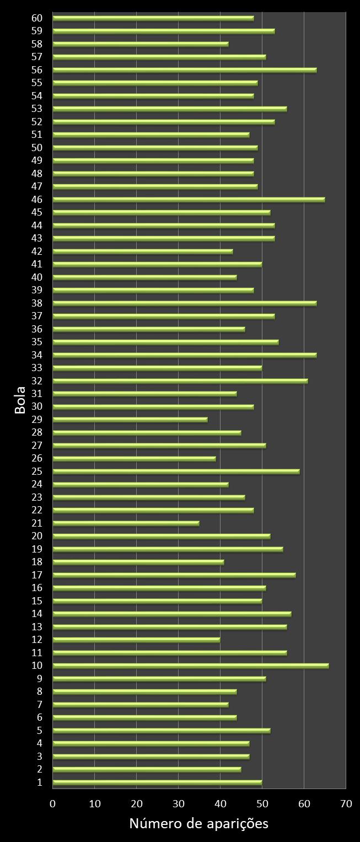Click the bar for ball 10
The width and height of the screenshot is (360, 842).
coord(190,666)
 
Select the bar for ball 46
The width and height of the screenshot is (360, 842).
coord(189,200)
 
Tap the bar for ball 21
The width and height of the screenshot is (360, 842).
coord(126,523)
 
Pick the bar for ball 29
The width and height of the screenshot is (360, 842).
coord(130,420)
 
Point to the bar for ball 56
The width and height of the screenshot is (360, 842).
coord(184,70)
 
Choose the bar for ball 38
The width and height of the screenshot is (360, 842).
coord(184,303)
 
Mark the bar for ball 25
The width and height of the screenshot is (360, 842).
coord(176,471)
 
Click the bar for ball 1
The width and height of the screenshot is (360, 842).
coord(157,782)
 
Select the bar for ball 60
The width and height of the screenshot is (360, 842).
coord(153,18)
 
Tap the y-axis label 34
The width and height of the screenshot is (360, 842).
coord(37,355)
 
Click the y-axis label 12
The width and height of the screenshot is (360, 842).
coord(37,640)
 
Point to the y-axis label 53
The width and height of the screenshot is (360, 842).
coord(37,109)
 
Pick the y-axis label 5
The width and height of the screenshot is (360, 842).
coord(40,730)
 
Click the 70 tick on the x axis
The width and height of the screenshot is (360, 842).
coord(346,804)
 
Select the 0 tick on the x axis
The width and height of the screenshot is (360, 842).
coord(53,804)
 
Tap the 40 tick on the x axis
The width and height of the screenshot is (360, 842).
coord(221,804)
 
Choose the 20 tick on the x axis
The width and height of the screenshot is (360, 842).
coord(137,804)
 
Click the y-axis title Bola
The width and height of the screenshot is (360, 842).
coord(20,400)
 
